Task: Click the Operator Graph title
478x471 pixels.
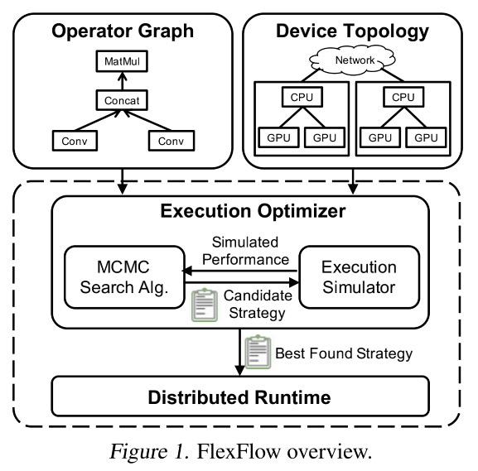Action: click(x=123, y=32)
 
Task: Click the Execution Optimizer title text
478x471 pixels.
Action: click(x=240, y=210)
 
